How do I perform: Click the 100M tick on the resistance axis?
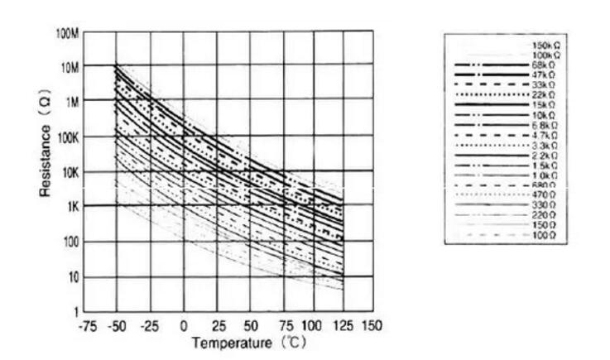tap(67, 32)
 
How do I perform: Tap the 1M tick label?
tap(72, 101)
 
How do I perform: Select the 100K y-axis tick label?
tap(67, 137)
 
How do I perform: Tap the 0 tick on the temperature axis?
tap(185, 325)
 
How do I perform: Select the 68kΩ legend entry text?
tap(545, 64)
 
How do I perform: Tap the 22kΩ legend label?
tap(545, 94)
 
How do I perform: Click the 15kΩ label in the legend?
tap(545, 104)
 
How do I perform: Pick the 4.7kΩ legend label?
tap(545, 134)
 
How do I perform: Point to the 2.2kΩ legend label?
tap(545, 155)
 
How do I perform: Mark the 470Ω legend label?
tap(545, 194)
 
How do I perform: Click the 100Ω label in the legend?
tap(545, 235)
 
